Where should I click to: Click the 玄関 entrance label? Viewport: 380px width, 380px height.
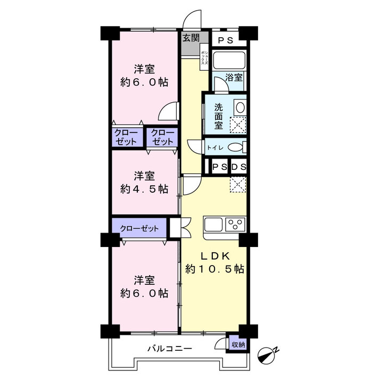coord(191,38)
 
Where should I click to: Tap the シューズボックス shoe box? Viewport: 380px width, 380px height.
coord(204,57)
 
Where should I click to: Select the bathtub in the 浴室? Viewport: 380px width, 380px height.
coord(229,60)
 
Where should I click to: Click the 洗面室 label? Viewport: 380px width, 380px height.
coord(218,116)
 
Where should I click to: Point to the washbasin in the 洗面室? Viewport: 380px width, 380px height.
coord(240,108)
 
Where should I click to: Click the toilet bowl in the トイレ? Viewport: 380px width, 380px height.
coord(236,147)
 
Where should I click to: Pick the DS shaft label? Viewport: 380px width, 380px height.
coord(239,167)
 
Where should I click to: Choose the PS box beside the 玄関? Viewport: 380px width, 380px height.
coord(226,40)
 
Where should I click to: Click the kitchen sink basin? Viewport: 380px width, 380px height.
coord(213,225)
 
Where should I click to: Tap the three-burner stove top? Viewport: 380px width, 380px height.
coord(235,225)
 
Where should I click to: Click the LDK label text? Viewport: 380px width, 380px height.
coord(214,256)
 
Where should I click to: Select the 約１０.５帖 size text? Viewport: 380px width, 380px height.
coord(214,269)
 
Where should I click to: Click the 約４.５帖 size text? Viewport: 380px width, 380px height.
coord(144,189)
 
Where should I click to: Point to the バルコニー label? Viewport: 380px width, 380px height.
coord(170,349)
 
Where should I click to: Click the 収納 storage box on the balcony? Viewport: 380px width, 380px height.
coord(238,344)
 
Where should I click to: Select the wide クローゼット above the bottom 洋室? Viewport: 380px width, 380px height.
coord(139,228)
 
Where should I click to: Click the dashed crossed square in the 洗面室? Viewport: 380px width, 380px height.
coord(238,125)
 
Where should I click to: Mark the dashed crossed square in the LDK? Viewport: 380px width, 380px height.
coord(238,185)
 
